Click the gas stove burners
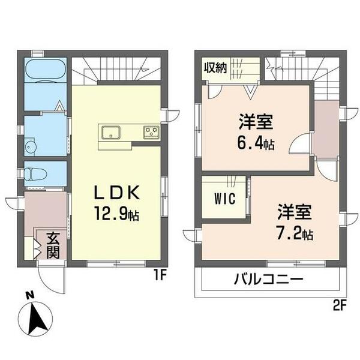(151, 131)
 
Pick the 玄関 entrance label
(52, 245)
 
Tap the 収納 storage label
(214, 68)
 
